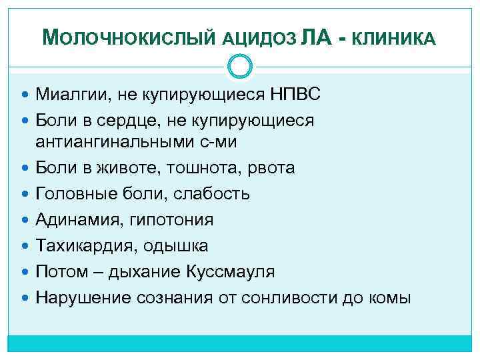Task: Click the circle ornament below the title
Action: coord(240,66)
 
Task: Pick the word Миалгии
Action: coord(73,95)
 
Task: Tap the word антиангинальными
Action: coord(113,141)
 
